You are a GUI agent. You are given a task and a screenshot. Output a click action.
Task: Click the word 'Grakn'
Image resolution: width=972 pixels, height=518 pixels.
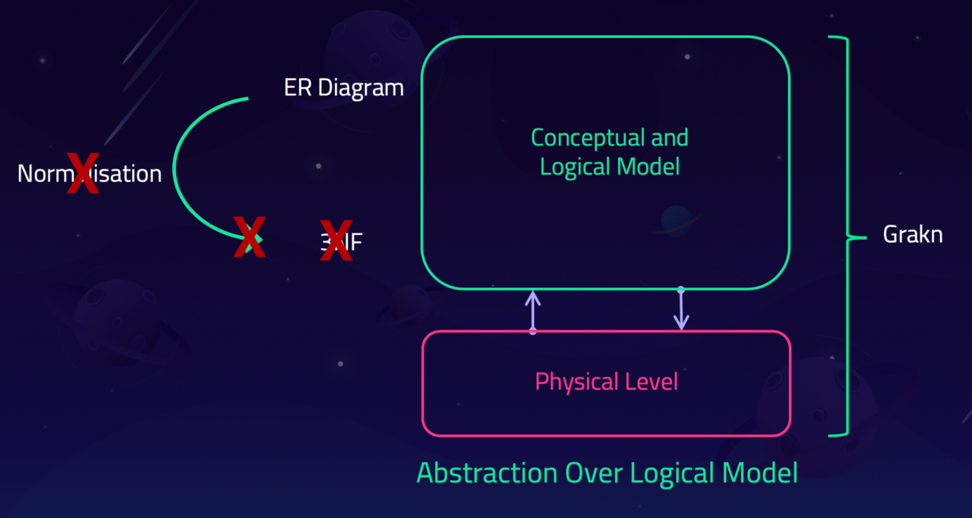coord(912,234)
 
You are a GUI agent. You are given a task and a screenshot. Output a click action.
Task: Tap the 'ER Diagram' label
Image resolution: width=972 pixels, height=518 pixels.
coord(343,88)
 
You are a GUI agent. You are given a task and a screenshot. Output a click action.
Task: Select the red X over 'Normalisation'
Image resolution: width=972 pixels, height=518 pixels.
coord(83,174)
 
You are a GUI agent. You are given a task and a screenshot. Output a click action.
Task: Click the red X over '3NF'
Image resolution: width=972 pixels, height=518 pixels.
coord(336,240)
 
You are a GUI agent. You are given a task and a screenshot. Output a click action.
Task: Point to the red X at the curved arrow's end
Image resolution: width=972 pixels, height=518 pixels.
coord(250,237)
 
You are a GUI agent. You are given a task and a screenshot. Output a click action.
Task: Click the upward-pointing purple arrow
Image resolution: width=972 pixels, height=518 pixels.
coord(533,311)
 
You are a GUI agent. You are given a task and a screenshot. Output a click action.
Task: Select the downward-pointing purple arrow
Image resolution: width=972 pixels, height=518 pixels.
coord(681,309)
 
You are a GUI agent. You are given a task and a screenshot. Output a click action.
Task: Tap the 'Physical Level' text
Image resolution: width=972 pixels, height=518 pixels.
coord(606,381)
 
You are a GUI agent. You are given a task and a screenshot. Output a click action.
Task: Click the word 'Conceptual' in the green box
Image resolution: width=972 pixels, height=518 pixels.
coord(578,138)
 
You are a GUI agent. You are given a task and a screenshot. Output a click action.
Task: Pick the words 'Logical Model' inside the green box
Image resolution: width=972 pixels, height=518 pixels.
coord(609,166)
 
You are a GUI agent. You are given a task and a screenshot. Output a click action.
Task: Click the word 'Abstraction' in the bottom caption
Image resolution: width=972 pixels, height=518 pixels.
coord(486,473)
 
